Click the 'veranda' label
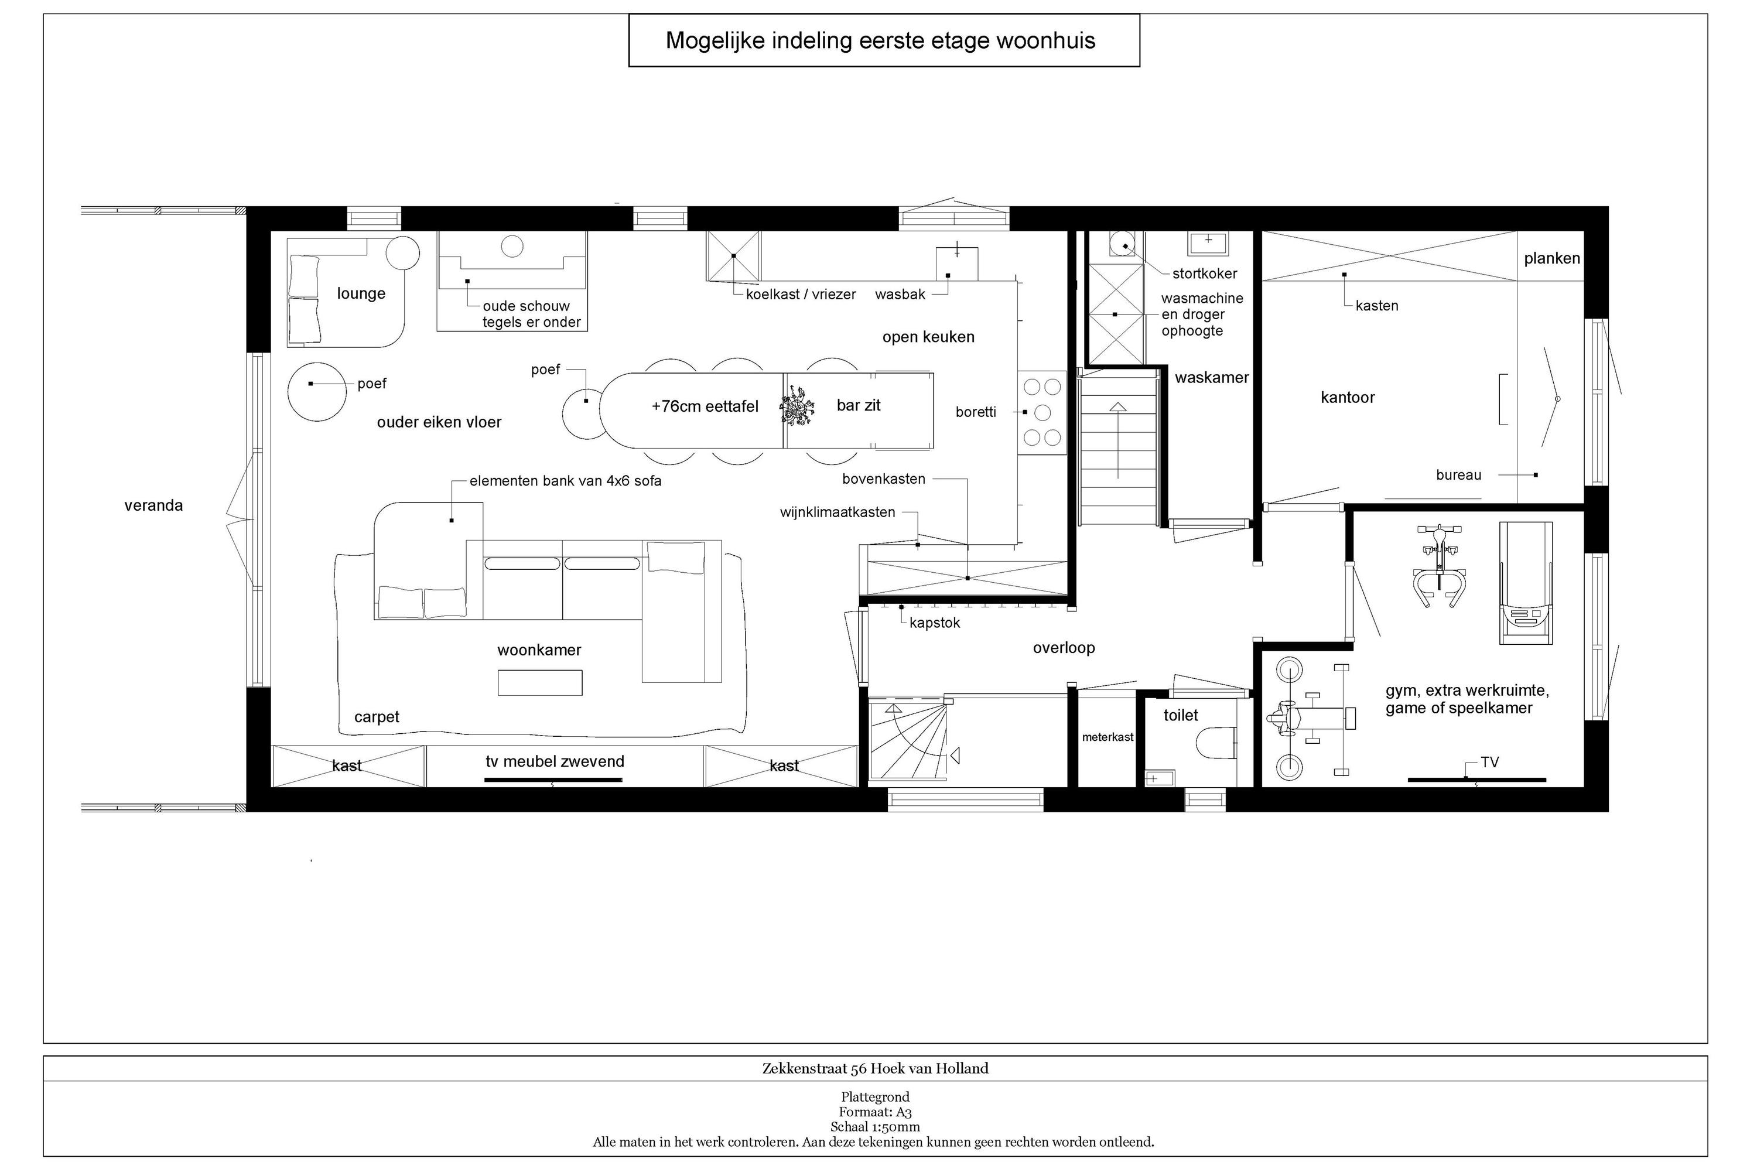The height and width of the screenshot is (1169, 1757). coord(153,505)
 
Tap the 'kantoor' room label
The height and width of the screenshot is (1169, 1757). coord(1347,397)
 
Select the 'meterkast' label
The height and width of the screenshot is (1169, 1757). coord(1107,737)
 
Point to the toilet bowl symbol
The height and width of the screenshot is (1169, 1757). coord(1215,743)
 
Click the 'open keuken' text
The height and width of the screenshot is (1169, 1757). coord(928,337)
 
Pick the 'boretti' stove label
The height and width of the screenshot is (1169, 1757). coord(976,412)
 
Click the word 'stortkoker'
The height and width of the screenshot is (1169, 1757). coord(1205,274)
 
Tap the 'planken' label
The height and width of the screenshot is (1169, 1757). coord(1552,259)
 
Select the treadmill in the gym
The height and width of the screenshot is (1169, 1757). coord(1526,582)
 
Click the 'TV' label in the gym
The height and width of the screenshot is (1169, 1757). coord(1489,762)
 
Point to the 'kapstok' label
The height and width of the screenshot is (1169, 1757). coord(935,623)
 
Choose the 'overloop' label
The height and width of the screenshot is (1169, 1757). coord(1064,648)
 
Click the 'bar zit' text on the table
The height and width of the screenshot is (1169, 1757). coord(859,405)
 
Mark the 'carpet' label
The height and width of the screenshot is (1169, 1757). coord(377,717)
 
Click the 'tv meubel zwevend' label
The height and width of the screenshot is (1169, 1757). coord(555,761)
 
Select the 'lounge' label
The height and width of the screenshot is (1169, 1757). coord(361,294)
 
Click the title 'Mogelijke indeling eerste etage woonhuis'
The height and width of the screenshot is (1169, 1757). coord(880,40)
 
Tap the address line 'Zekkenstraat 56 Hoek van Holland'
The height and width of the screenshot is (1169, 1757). coord(875,1068)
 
